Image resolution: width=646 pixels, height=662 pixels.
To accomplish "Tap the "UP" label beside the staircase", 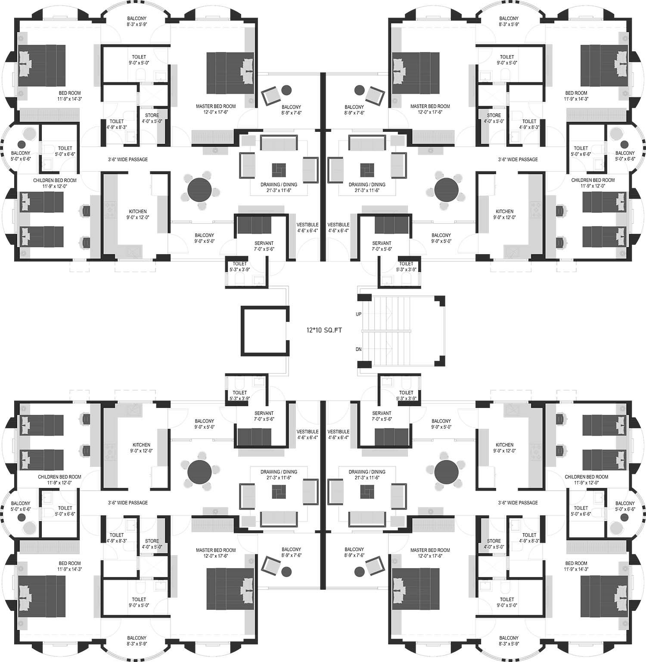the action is [x=358, y=314].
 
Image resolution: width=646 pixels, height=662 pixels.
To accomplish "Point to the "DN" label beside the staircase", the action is [x=358, y=349].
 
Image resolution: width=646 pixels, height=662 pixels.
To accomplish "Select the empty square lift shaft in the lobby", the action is [x=264, y=330].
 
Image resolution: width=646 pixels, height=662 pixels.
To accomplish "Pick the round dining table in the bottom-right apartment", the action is [x=447, y=472].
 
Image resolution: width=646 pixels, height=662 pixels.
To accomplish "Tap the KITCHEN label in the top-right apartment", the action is [x=504, y=211].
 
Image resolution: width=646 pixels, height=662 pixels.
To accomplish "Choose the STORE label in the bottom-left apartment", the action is [x=152, y=541].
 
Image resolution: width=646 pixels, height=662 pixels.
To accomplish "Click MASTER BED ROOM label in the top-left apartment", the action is [x=216, y=106].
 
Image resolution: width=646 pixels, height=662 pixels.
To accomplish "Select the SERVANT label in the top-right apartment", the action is [x=382, y=243].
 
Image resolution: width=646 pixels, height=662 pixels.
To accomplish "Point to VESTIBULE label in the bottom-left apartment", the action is [x=307, y=432].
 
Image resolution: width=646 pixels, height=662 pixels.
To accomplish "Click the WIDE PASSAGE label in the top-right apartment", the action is [x=524, y=159].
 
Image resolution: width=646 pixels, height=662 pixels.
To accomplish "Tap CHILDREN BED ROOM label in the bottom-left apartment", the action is [x=59, y=477].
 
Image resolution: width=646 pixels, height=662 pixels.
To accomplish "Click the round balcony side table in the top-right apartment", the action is [x=359, y=90].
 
